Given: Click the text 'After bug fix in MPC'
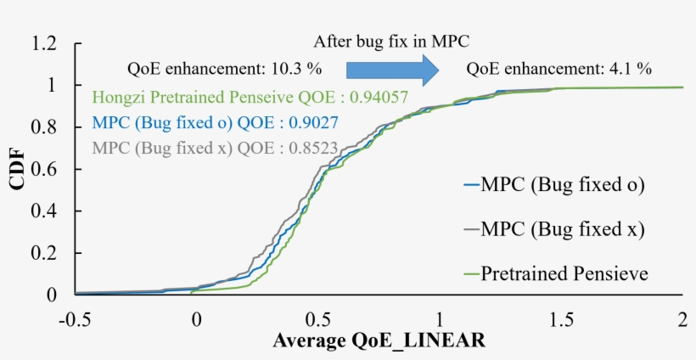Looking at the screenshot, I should click(391, 41).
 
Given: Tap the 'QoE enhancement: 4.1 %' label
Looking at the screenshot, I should click(558, 69).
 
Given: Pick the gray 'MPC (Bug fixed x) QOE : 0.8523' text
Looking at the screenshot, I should click(214, 149).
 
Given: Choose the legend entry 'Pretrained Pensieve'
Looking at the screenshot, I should click(564, 273).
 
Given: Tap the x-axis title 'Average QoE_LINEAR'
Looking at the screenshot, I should click(379, 341).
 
